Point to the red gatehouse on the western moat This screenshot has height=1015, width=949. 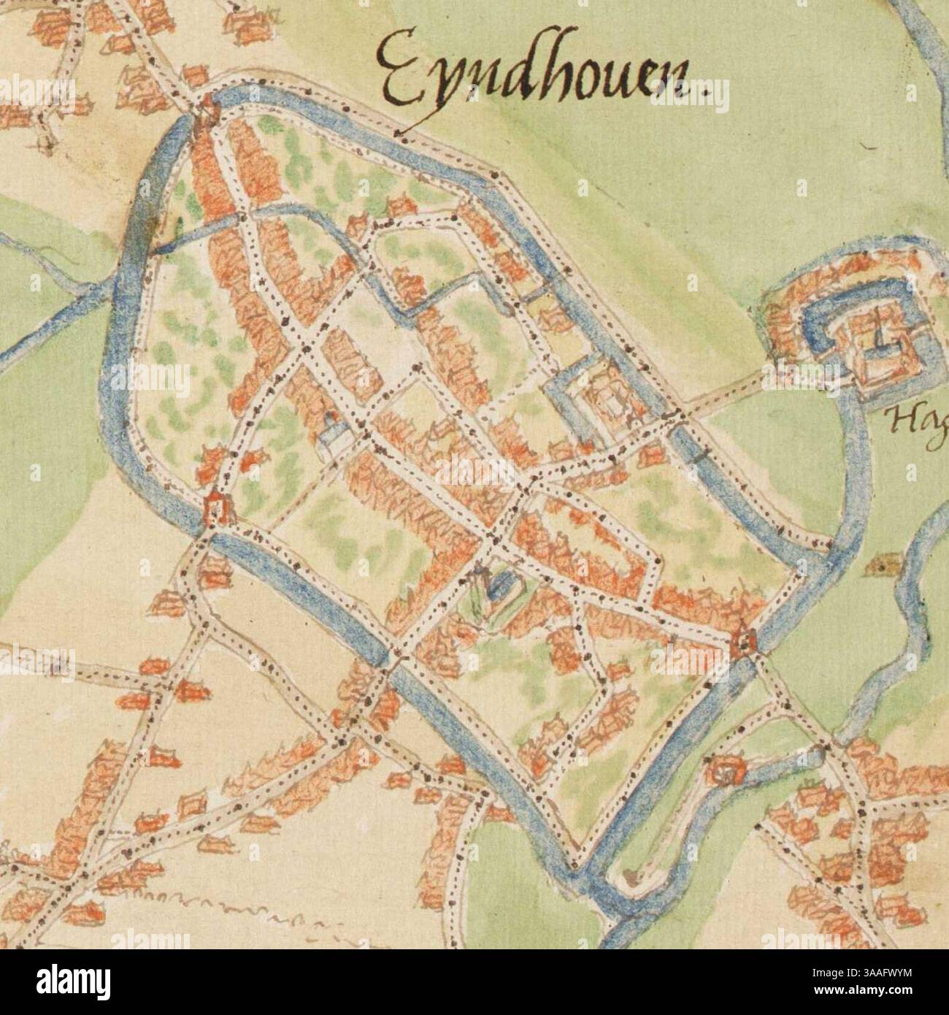pyautogui.click(x=216, y=505)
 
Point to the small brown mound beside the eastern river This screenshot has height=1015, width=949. pyautogui.click(x=880, y=564)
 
